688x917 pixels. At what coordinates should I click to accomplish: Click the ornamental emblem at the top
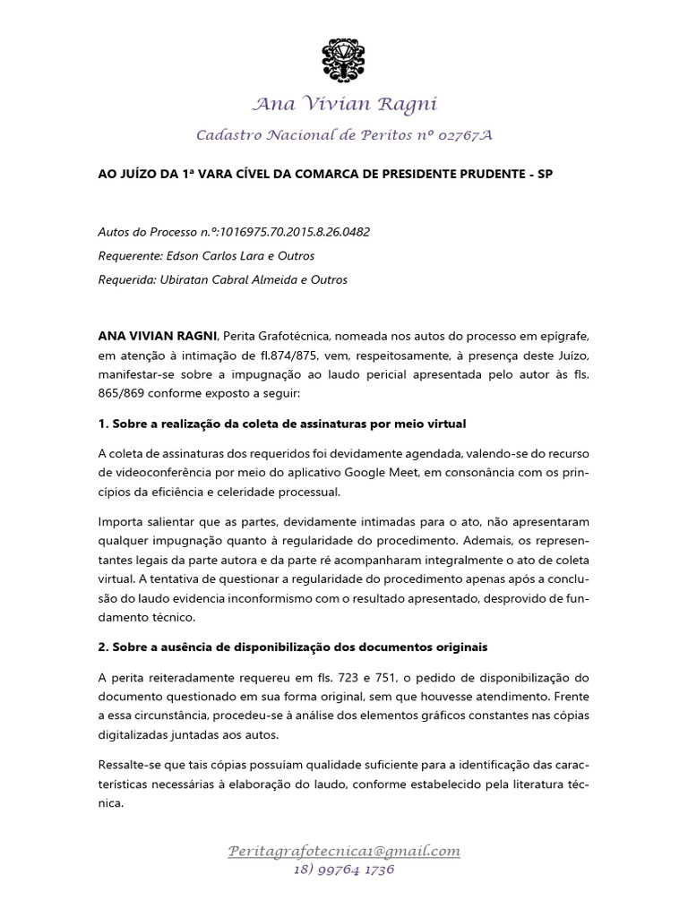click(x=344, y=59)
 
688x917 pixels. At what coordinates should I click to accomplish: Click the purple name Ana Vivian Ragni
click(x=344, y=105)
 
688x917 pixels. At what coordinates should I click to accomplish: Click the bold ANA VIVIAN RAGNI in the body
click(x=157, y=335)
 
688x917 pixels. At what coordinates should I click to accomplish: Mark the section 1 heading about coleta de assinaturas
click(x=281, y=422)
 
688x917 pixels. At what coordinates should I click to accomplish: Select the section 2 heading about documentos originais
click(x=291, y=646)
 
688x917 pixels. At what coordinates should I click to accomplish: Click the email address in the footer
click(x=344, y=851)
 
